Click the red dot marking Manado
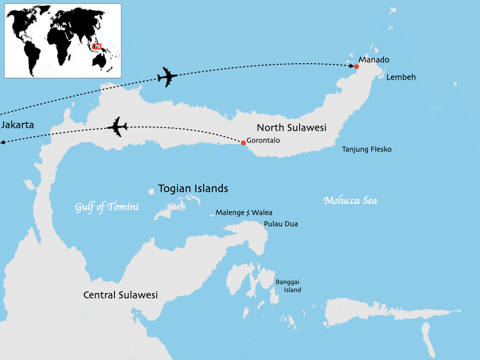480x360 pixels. coord(357,67)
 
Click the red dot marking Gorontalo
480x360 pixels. coord(243,143)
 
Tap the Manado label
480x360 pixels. coord(374,60)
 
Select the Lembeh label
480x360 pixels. coord(401,77)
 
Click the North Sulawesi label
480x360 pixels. coord(291,127)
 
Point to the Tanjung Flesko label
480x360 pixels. coord(367,150)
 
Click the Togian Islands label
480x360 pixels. coord(193,188)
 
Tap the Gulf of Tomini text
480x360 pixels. coord(107,207)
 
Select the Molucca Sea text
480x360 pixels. coord(350,201)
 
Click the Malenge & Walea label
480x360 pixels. coord(244,213)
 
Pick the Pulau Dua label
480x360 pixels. coord(281,224)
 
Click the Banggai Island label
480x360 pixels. coord(288,286)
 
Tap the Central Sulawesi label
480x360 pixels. coord(120,295)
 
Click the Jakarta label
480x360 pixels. coord(17,125)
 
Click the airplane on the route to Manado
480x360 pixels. coord(167,77)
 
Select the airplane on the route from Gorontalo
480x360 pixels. coord(117,127)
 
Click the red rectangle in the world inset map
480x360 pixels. coord(97,46)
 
